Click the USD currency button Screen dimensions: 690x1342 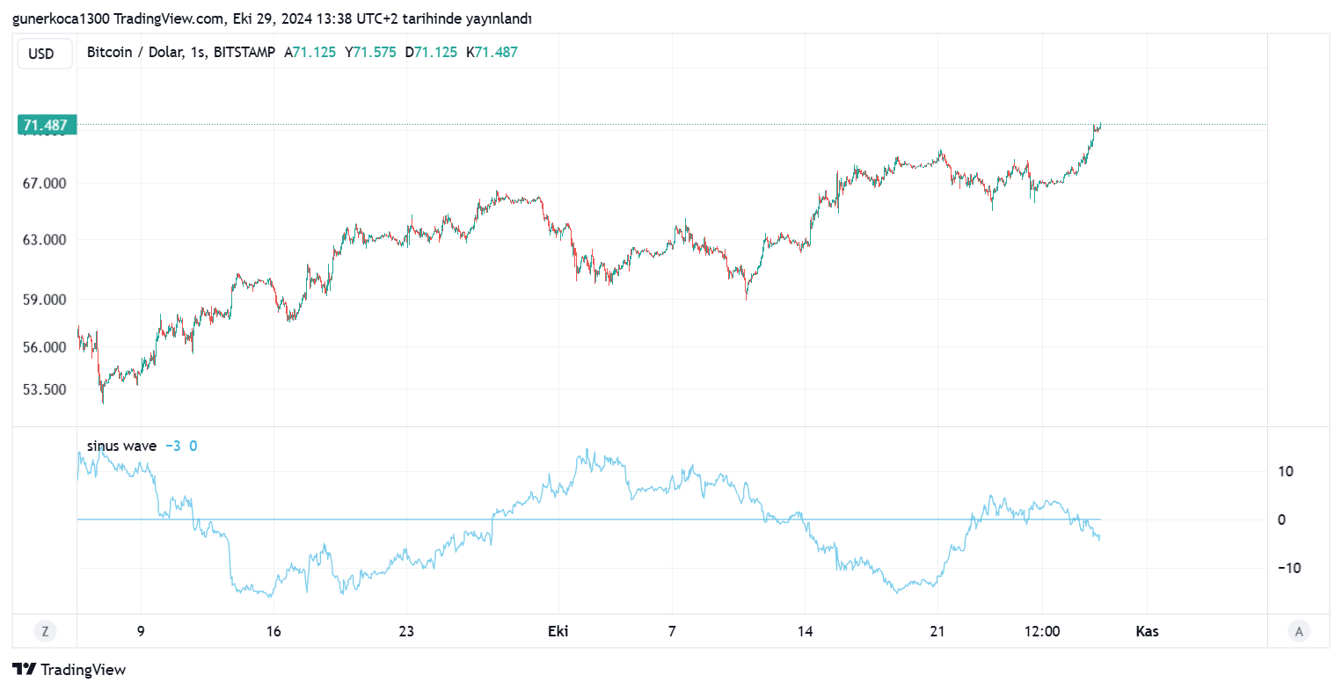coord(41,54)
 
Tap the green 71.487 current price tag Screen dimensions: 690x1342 coord(47,126)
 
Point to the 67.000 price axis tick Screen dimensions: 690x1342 coord(45,183)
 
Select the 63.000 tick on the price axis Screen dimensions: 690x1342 coord(45,239)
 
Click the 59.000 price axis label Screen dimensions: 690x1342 coord(45,299)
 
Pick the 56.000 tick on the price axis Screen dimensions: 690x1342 coord(45,346)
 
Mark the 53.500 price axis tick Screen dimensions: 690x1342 coord(45,389)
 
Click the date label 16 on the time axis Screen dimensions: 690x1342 coord(274,631)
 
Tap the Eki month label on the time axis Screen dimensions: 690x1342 coord(558,631)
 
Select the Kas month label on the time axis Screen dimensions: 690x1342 coord(1147,631)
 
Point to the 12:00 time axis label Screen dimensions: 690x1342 coord(1042,631)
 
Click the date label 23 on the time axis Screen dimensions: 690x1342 coord(406,631)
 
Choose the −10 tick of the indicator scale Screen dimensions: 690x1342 coord(1288,568)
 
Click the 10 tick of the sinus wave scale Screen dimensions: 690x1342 coord(1286,471)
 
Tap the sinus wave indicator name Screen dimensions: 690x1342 coord(121,446)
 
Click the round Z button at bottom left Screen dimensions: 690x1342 coord(45,630)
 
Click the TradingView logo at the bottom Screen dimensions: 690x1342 coord(69,670)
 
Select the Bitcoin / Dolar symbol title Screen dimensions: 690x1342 coord(180,52)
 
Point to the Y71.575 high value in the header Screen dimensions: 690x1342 coord(370,52)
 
